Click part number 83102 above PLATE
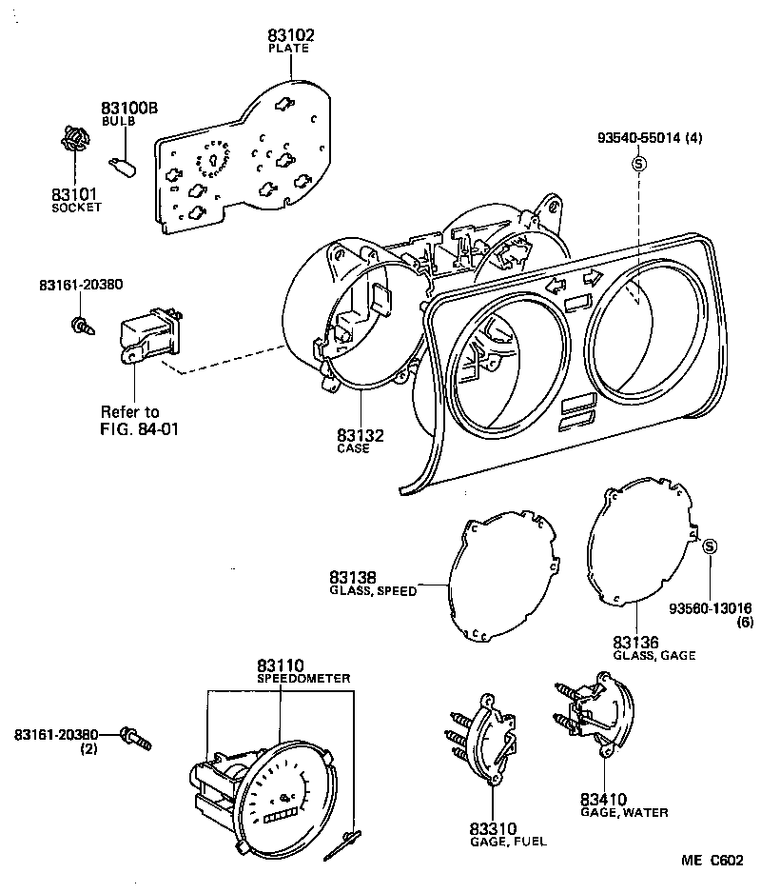click(291, 35)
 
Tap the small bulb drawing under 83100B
click(123, 167)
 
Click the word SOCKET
click(76, 208)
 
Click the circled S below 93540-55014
click(639, 164)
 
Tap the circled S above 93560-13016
click(710, 546)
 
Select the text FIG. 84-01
click(140, 428)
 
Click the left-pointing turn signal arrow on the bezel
click(556, 284)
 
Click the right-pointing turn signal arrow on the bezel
click(592, 277)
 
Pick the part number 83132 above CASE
click(361, 436)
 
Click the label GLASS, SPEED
click(374, 591)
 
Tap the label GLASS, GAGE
click(654, 656)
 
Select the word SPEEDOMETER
click(303, 679)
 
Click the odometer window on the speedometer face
click(280, 817)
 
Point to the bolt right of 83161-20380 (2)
click(136, 738)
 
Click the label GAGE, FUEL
click(508, 842)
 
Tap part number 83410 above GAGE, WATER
click(604, 800)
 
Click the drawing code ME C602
click(712, 860)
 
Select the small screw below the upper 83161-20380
click(83, 327)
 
